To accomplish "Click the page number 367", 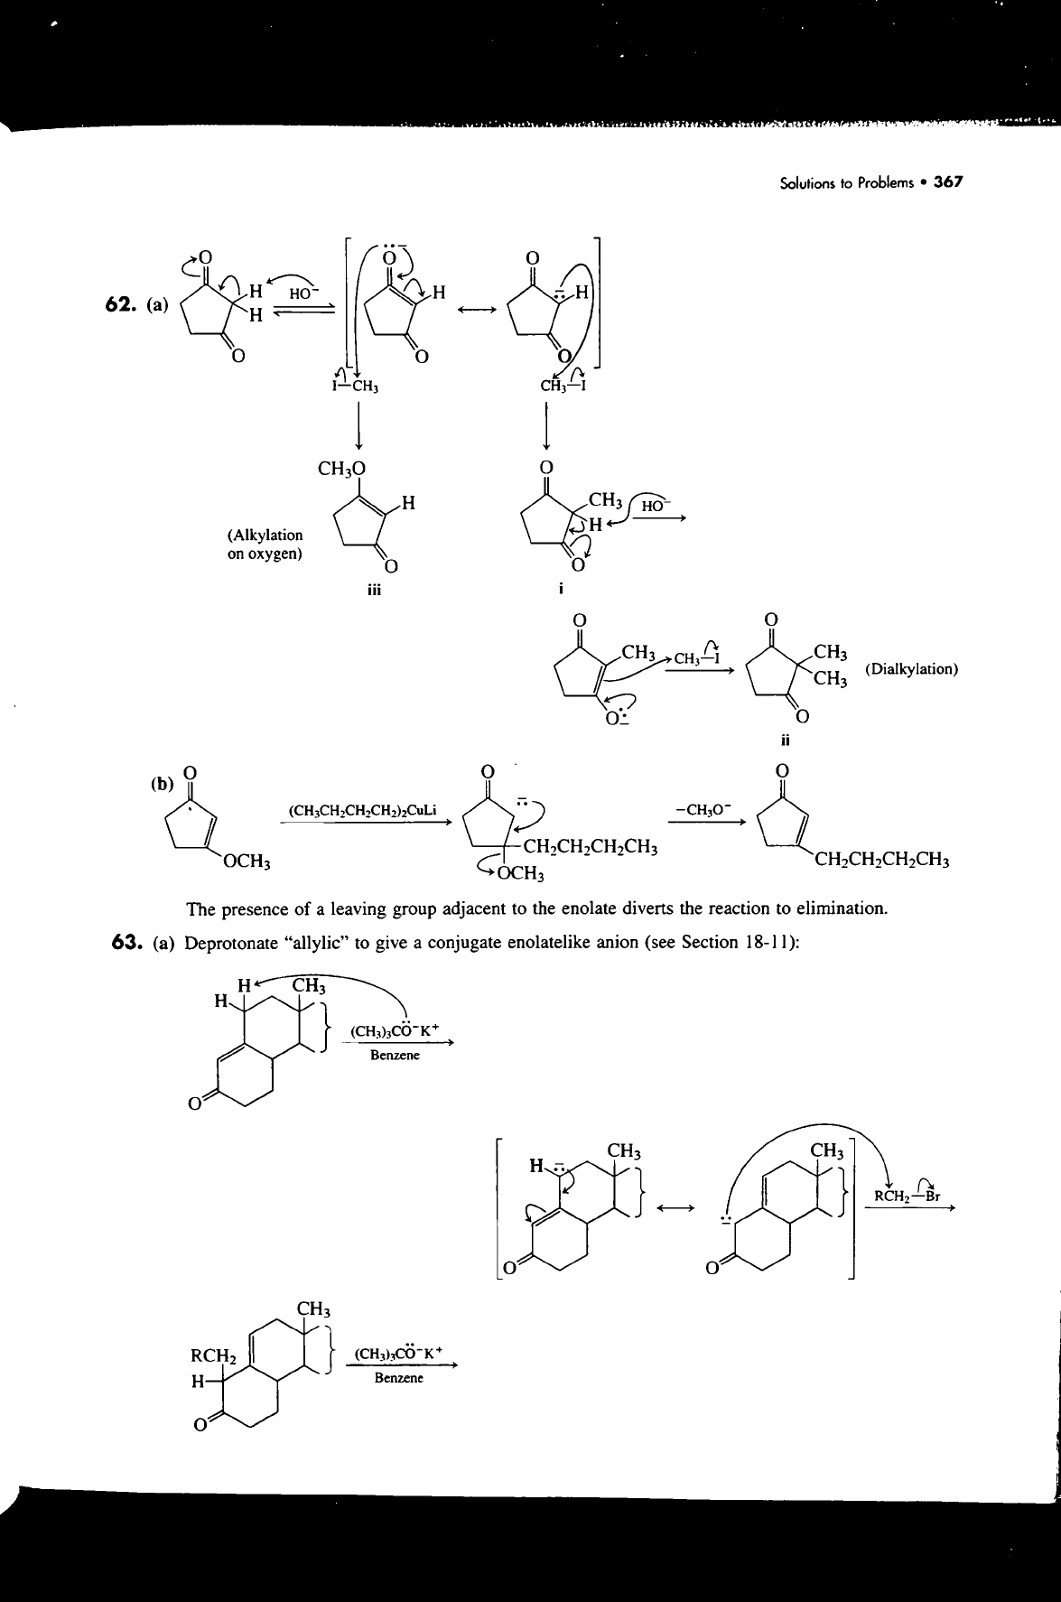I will (x=949, y=182).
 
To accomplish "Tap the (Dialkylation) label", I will (x=911, y=669).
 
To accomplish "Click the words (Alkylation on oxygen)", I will (x=265, y=544).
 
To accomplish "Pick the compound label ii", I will (x=785, y=741).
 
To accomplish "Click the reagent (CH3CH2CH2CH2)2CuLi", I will (x=362, y=810).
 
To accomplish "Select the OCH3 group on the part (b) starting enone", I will (x=249, y=862).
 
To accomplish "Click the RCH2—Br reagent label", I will (x=910, y=1197).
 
